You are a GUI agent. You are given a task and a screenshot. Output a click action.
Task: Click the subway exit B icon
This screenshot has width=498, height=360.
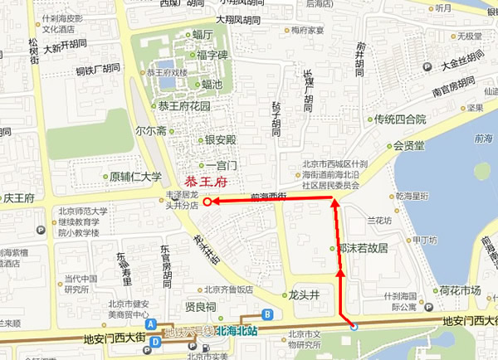[x=267, y=314]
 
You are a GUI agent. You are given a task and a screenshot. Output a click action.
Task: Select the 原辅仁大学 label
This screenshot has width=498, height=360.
[x=135, y=176]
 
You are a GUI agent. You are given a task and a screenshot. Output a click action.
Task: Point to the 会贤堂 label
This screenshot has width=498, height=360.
[x=408, y=146]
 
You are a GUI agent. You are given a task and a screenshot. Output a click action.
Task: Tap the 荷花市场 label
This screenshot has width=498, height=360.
[x=460, y=290]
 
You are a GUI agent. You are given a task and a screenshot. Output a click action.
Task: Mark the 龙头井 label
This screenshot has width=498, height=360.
[x=305, y=294]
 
